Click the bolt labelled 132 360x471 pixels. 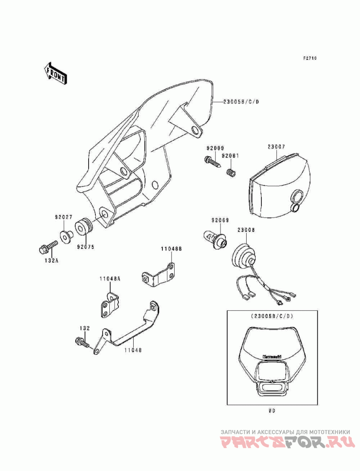83,344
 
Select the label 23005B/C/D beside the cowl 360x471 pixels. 241,102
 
